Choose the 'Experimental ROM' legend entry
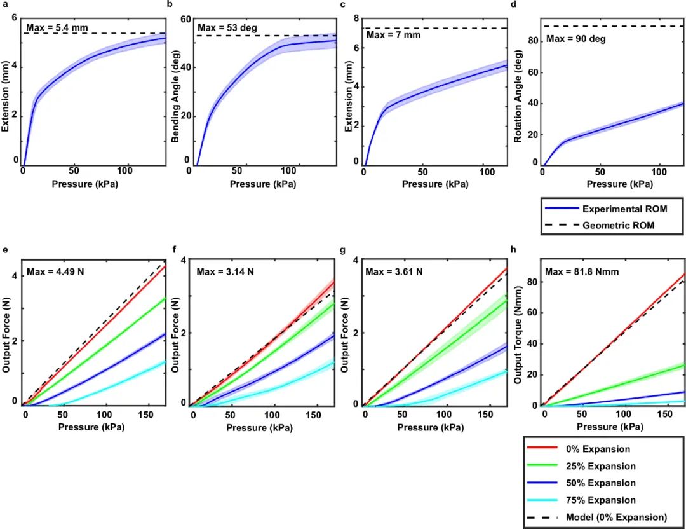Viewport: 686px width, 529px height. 615,209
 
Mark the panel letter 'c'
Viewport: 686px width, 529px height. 343,4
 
